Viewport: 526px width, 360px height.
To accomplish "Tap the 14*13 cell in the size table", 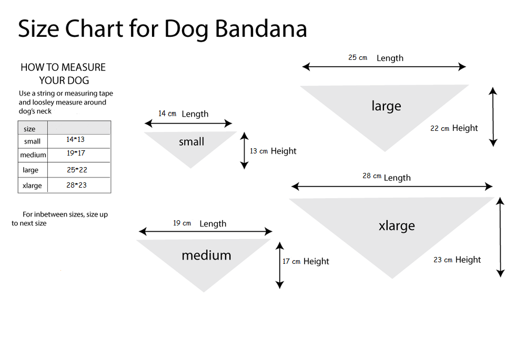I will click(x=76, y=140).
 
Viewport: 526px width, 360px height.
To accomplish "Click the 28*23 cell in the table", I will click(x=76, y=185).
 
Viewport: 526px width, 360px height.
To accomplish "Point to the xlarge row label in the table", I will click(x=32, y=186).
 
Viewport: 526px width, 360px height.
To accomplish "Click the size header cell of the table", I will click(x=30, y=129).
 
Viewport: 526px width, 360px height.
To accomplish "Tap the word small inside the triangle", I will click(x=191, y=142).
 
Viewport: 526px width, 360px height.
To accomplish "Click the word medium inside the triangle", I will click(x=206, y=255).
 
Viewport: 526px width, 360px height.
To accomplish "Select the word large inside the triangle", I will click(x=386, y=106).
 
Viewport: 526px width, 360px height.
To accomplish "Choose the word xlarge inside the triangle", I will click(x=397, y=226).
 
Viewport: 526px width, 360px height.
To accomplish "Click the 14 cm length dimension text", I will click(x=167, y=114).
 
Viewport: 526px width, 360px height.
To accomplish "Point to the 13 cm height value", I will click(x=259, y=151).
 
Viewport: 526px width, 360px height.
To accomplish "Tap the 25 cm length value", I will click(x=358, y=58).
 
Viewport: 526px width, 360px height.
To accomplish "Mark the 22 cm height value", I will click(x=440, y=128).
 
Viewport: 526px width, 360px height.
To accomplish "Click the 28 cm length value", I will click(x=372, y=176).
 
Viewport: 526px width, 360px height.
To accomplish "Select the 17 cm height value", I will click(x=291, y=262).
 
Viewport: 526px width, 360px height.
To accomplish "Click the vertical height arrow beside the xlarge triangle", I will click(x=500, y=237).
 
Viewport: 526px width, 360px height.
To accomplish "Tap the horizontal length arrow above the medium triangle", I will click(x=206, y=232).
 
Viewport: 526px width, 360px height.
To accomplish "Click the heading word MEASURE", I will click(x=84, y=67).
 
